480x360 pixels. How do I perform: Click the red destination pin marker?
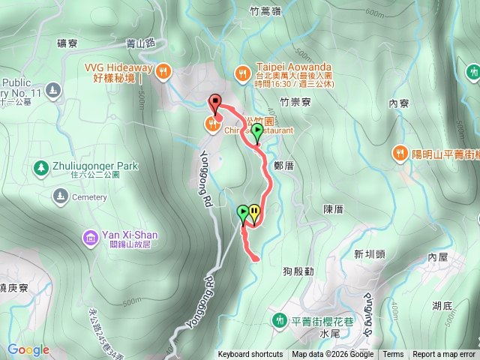pyautogui.click(x=215, y=103)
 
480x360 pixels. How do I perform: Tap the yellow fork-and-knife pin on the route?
pyautogui.click(x=255, y=211)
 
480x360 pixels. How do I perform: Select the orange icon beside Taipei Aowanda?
pyautogui.click(x=242, y=73)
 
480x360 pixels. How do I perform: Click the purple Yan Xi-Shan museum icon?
pyautogui.click(x=91, y=238)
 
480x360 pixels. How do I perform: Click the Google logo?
pyautogui.click(x=28, y=349)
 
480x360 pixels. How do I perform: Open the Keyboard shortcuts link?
pyautogui.click(x=250, y=355)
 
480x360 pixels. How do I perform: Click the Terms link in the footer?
pyautogui.click(x=393, y=355)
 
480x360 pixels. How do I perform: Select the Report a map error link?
pyautogui.click(x=444, y=355)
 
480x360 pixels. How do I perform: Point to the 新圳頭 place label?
pyautogui.click(x=368, y=253)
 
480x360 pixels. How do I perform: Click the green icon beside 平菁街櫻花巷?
pyautogui.click(x=280, y=320)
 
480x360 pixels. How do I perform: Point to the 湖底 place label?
pyautogui.click(x=442, y=305)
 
